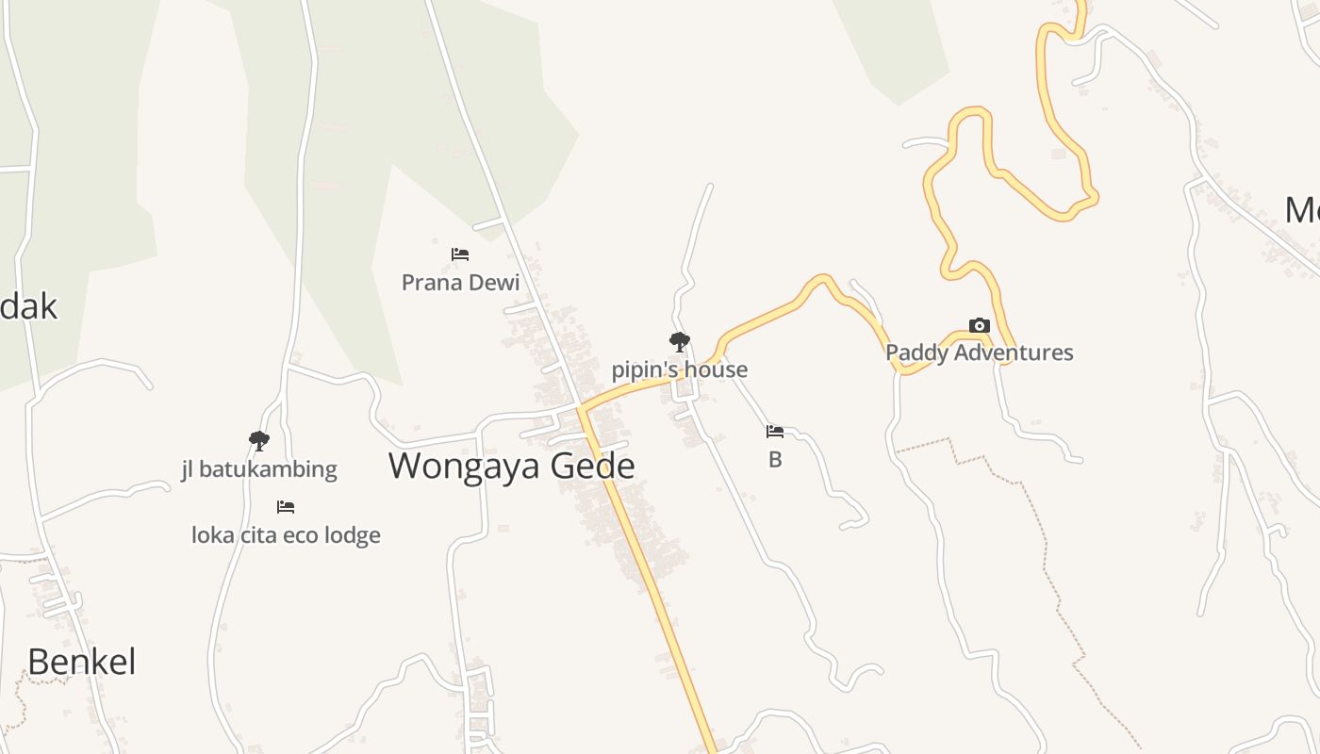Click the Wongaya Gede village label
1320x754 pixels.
[511, 466]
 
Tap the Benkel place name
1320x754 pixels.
[82, 662]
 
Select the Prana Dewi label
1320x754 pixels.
[460, 282]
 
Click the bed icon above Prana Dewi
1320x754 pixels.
[460, 254]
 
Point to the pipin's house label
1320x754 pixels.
[679, 369]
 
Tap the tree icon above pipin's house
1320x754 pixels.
[679, 341]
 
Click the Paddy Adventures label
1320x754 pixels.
[979, 352]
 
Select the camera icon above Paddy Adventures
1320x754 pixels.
[980, 326]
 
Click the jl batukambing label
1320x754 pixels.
[259, 468]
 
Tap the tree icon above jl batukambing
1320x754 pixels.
[258, 440]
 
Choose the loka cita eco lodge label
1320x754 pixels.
[286, 535]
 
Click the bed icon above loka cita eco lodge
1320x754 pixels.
[286, 507]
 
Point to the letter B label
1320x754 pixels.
[775, 460]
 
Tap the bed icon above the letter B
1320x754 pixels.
[775, 432]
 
